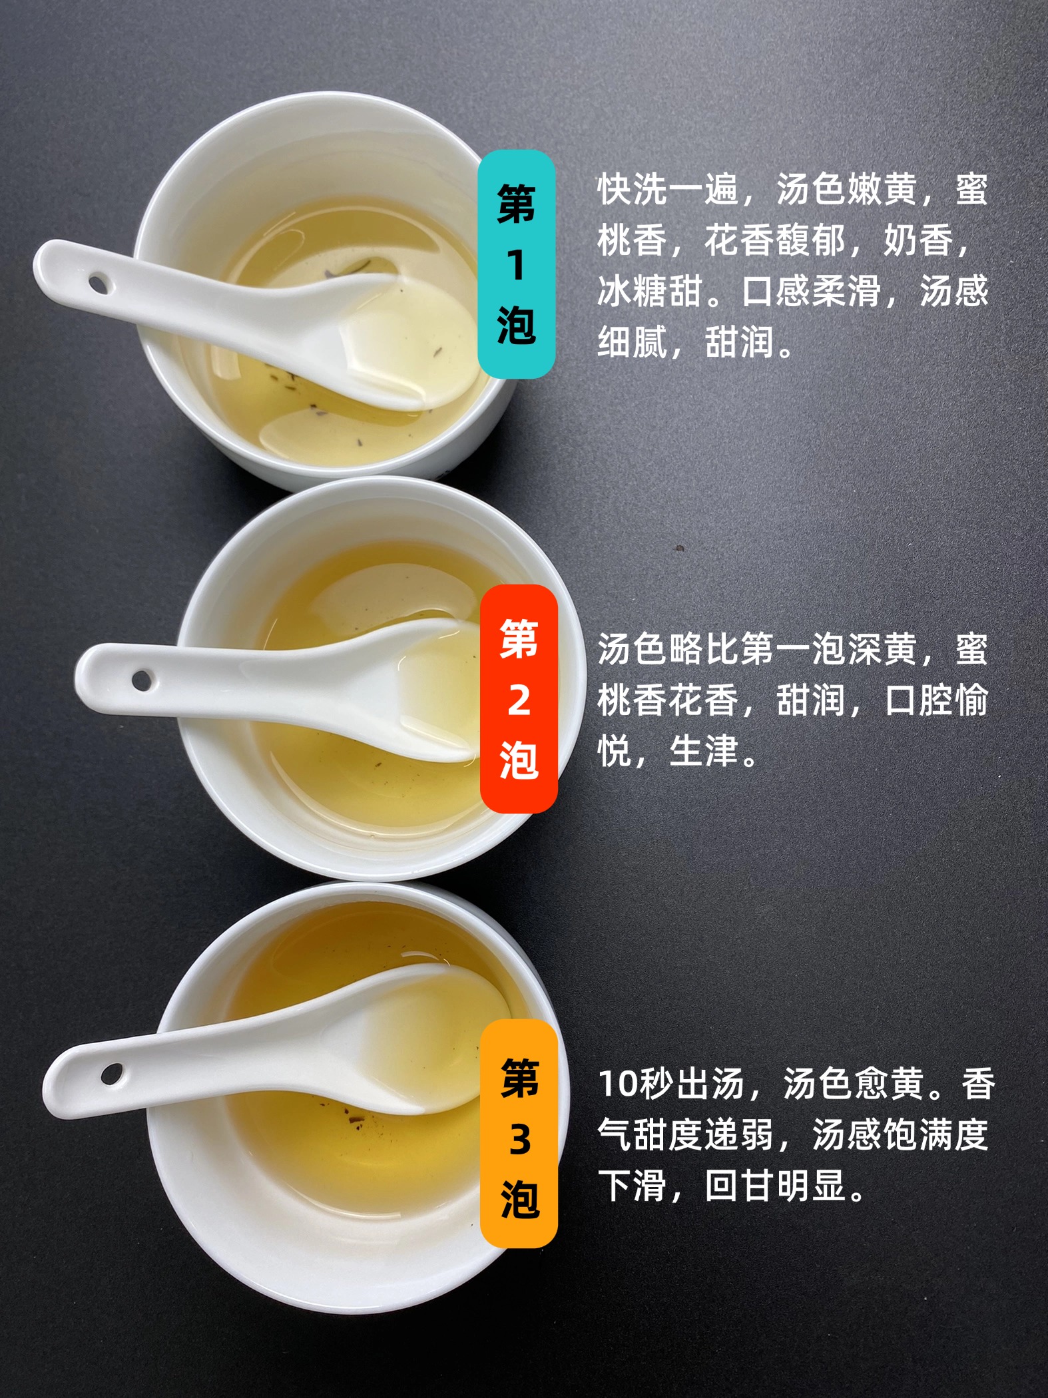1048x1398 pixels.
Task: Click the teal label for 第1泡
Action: tap(517, 264)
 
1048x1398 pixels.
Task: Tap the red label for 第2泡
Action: tap(519, 699)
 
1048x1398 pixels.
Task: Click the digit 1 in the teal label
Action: tap(516, 264)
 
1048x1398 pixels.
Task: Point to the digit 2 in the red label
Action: tap(519, 700)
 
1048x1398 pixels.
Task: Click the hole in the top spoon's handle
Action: tap(99, 285)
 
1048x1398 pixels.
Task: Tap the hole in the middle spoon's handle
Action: tap(142, 680)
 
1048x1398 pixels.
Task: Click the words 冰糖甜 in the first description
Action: tap(649, 292)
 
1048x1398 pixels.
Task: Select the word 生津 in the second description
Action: tap(704, 752)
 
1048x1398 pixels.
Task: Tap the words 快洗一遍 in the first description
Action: tap(668, 189)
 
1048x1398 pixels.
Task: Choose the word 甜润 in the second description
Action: tap(812, 700)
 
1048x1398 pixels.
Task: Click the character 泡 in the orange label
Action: tap(520, 1200)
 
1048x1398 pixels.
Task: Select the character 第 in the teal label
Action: tap(517, 203)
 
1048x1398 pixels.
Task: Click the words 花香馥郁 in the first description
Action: tap(776, 240)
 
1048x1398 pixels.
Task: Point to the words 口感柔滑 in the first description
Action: tap(812, 292)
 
